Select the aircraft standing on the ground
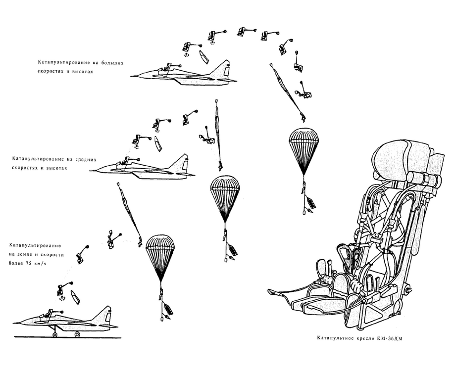click(x=64, y=322)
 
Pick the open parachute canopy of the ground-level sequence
click(x=160, y=252)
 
